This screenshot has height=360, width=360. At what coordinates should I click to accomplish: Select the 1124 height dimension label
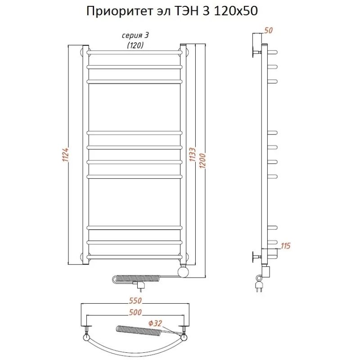(x=65, y=156)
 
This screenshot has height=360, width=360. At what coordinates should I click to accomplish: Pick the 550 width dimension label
(x=135, y=301)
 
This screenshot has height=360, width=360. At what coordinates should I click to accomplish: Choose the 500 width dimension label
(x=135, y=312)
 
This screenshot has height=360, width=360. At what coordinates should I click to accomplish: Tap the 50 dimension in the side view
(x=269, y=31)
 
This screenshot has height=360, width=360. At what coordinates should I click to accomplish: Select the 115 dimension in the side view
(x=285, y=246)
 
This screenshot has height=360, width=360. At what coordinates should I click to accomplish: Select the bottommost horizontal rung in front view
(x=135, y=257)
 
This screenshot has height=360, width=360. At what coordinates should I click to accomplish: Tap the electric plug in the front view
(x=142, y=285)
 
